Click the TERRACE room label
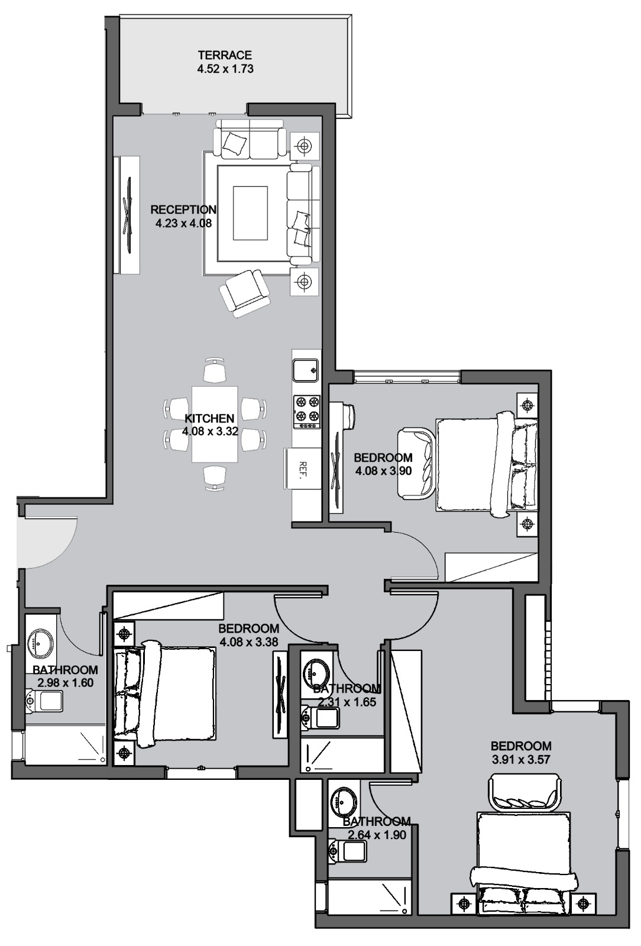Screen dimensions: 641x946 [x=225, y=55]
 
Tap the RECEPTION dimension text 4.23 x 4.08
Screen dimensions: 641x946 [x=183, y=223]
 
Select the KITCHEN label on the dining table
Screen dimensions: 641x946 [x=209, y=419]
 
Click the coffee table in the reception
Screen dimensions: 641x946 [x=250, y=213]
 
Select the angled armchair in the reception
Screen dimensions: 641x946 [x=244, y=293]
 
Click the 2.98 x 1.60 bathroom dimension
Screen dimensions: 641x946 [x=66, y=682]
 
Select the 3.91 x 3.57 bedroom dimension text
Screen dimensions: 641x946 [x=521, y=760]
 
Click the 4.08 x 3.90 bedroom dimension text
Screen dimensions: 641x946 [x=383, y=471]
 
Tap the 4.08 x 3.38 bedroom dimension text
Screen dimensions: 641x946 [x=249, y=642]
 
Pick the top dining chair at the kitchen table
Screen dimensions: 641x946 [x=214, y=370]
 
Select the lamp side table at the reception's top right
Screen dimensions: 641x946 [x=304, y=146]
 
